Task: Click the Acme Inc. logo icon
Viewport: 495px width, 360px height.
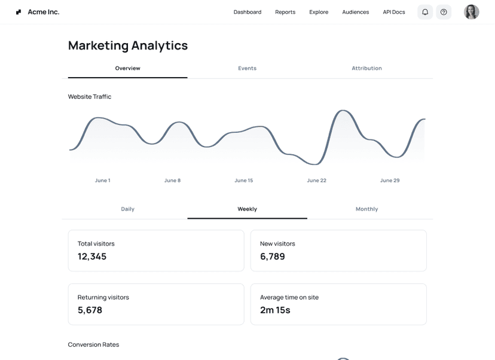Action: [19, 12]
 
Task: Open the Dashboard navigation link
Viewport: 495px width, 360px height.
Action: [247, 12]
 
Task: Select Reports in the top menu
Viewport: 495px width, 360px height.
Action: [285, 12]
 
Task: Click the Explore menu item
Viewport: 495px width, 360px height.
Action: [319, 12]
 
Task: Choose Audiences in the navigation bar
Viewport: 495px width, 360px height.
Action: [356, 12]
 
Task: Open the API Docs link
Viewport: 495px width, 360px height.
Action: [394, 12]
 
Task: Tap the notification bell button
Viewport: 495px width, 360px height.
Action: [425, 12]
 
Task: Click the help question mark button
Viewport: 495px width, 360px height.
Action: [444, 12]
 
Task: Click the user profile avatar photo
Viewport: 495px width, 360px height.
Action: [472, 12]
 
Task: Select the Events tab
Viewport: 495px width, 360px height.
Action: [247, 68]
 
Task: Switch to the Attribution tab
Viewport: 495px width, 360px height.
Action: [366, 68]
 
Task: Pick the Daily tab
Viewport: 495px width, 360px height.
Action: [127, 209]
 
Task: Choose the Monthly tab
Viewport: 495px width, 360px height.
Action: [366, 209]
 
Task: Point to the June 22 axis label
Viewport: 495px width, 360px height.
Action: [316, 180]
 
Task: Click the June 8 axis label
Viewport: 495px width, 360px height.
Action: [172, 180]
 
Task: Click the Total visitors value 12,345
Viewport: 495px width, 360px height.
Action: [92, 257]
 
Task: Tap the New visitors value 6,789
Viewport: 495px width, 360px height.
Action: [273, 257]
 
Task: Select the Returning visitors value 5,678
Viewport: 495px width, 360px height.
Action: [90, 310]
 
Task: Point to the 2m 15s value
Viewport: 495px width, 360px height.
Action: [275, 310]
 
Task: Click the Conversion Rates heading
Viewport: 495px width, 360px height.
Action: [93, 344]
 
